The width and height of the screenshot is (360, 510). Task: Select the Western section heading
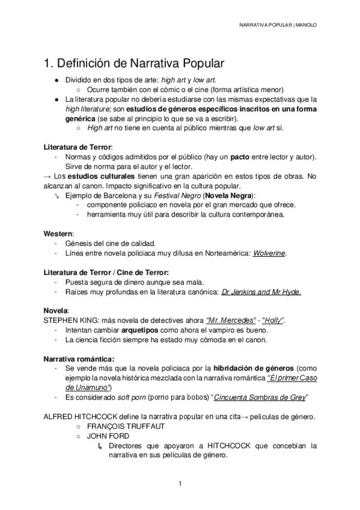(x=59, y=233)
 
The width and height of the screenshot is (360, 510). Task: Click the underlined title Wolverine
(x=269, y=253)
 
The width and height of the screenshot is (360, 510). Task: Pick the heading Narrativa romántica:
(x=79, y=359)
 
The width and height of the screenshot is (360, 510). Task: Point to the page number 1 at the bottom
(x=180, y=484)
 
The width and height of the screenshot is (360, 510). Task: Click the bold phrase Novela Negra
(x=230, y=195)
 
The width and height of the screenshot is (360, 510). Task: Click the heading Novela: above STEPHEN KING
(x=56, y=311)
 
